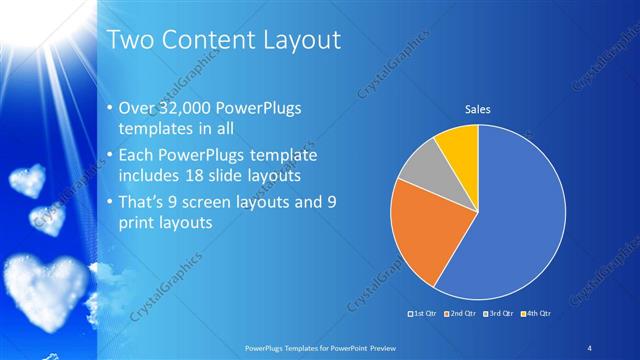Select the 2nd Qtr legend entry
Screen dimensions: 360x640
click(x=458, y=314)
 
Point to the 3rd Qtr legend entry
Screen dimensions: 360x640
click(x=496, y=314)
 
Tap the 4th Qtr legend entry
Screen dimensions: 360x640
click(x=533, y=314)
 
